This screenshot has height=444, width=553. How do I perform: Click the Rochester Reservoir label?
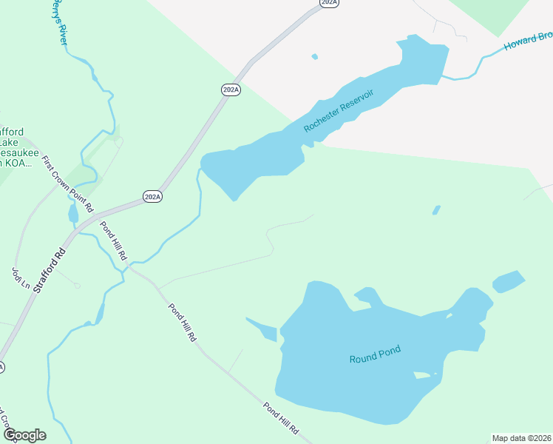pyautogui.click(x=339, y=111)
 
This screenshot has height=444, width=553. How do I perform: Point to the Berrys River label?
pyautogui.click(x=58, y=22)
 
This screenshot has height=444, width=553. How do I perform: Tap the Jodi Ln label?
pyautogui.click(x=20, y=279)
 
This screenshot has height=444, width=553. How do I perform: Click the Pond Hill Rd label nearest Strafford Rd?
pyautogui.click(x=114, y=242)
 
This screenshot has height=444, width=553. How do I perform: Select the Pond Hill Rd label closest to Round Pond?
pyautogui.click(x=282, y=417)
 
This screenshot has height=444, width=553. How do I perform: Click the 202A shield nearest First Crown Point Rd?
pyautogui.click(x=152, y=197)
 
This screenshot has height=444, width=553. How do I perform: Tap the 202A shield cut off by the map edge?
pyautogui.click(x=330, y=3)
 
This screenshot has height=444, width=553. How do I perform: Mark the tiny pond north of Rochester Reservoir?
pyautogui.click(x=315, y=56)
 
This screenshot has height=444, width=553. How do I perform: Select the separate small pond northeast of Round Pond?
pyautogui.click(x=509, y=281)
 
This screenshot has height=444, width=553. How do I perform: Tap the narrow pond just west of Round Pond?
pyautogui.click(x=262, y=329)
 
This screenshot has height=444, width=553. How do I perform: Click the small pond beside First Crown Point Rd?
pyautogui.click(x=72, y=214)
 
